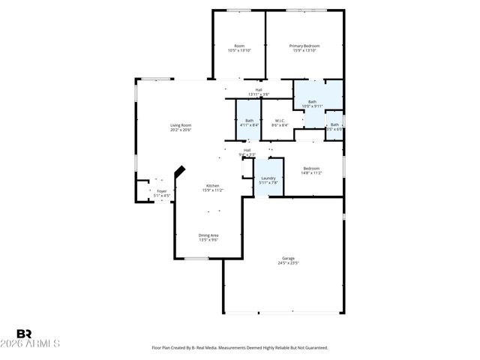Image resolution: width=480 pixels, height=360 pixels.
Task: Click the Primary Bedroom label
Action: click(304, 46)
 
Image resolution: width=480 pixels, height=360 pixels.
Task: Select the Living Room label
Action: click(180, 125)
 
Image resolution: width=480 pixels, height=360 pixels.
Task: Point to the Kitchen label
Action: click(213, 185)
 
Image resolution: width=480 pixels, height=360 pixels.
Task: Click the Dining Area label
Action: click(208, 235)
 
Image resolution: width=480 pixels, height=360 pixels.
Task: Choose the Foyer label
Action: click(162, 191)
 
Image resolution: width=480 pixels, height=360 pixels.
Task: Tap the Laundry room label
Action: click(268, 178)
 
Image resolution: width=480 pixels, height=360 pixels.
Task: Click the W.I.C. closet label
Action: click(279, 120)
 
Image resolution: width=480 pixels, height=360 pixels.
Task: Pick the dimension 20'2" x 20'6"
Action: click(180, 130)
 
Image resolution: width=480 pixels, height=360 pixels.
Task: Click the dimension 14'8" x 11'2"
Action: click(311, 173)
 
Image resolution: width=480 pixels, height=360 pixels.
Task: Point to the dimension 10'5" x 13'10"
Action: click(239, 50)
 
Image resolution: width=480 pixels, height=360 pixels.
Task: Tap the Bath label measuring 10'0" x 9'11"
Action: click(311, 101)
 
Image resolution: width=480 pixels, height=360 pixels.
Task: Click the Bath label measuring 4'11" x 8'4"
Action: click(249, 120)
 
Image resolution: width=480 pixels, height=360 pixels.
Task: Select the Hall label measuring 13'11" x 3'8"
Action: click(259, 90)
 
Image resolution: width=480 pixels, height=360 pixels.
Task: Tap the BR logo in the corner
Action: click(25, 334)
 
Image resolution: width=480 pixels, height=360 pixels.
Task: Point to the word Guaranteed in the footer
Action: click(313, 348)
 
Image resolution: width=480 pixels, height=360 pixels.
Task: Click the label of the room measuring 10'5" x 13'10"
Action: click(239, 46)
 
